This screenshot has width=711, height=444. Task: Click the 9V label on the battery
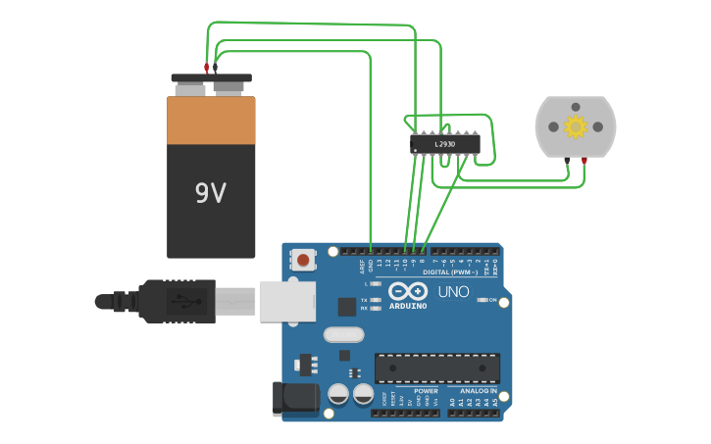(211, 193)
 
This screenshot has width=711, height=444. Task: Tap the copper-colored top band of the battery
(211, 120)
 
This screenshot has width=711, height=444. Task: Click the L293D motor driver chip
(444, 144)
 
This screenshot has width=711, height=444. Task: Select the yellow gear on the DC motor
(576, 126)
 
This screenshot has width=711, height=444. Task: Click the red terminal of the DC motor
(584, 160)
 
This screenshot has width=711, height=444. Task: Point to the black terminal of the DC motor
(567, 160)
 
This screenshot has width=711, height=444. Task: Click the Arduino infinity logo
(407, 291)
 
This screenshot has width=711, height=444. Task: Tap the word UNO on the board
(453, 291)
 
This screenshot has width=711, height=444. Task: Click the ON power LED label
(492, 300)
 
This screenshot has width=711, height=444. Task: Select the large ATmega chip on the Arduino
(436, 368)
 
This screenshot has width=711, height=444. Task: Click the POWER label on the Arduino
(426, 391)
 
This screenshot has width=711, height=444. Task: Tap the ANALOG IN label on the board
(479, 391)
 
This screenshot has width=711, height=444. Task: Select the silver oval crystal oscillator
(344, 334)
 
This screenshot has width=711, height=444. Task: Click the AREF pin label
(361, 266)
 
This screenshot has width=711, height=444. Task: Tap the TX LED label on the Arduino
(364, 300)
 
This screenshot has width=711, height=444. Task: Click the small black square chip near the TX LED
(346, 306)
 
